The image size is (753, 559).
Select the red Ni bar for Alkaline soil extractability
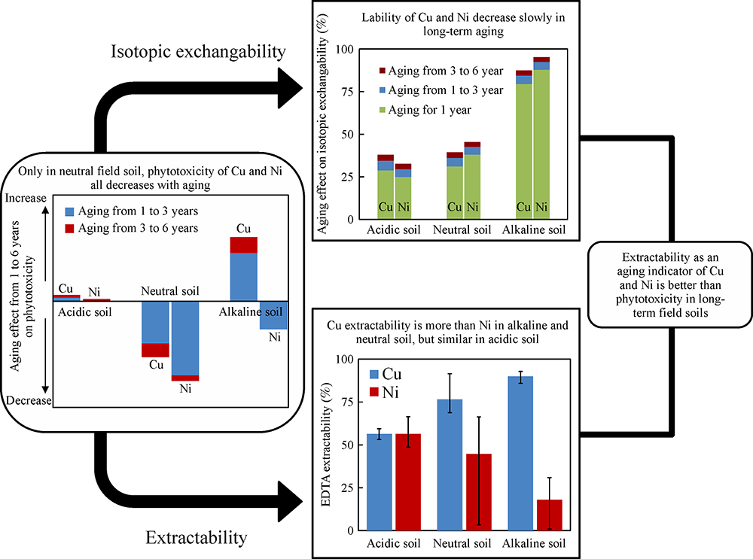(549, 515)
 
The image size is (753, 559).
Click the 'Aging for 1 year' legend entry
(439, 110)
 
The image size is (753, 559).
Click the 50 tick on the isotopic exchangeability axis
(349, 134)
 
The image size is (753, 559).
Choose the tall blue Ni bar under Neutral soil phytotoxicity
(184, 339)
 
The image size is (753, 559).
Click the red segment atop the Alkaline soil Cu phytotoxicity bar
(243, 245)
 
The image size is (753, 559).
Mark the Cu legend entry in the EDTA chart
(386, 375)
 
